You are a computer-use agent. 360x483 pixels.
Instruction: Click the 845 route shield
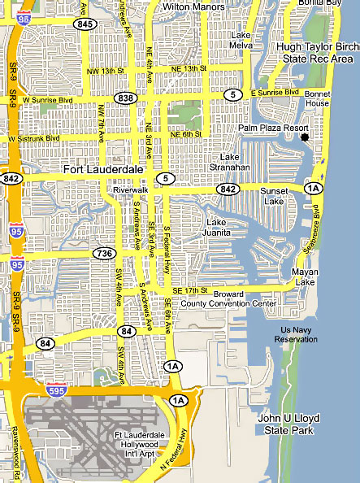(x=84, y=24)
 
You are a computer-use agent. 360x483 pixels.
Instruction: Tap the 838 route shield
(x=124, y=98)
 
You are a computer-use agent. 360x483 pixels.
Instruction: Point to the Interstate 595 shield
(x=55, y=389)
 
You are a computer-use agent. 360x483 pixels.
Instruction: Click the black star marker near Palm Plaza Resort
(x=305, y=138)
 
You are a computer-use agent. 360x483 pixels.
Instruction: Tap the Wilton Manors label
(x=193, y=7)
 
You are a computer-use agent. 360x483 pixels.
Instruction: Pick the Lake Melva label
(x=241, y=41)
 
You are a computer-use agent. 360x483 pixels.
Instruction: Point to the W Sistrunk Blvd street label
(x=33, y=138)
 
